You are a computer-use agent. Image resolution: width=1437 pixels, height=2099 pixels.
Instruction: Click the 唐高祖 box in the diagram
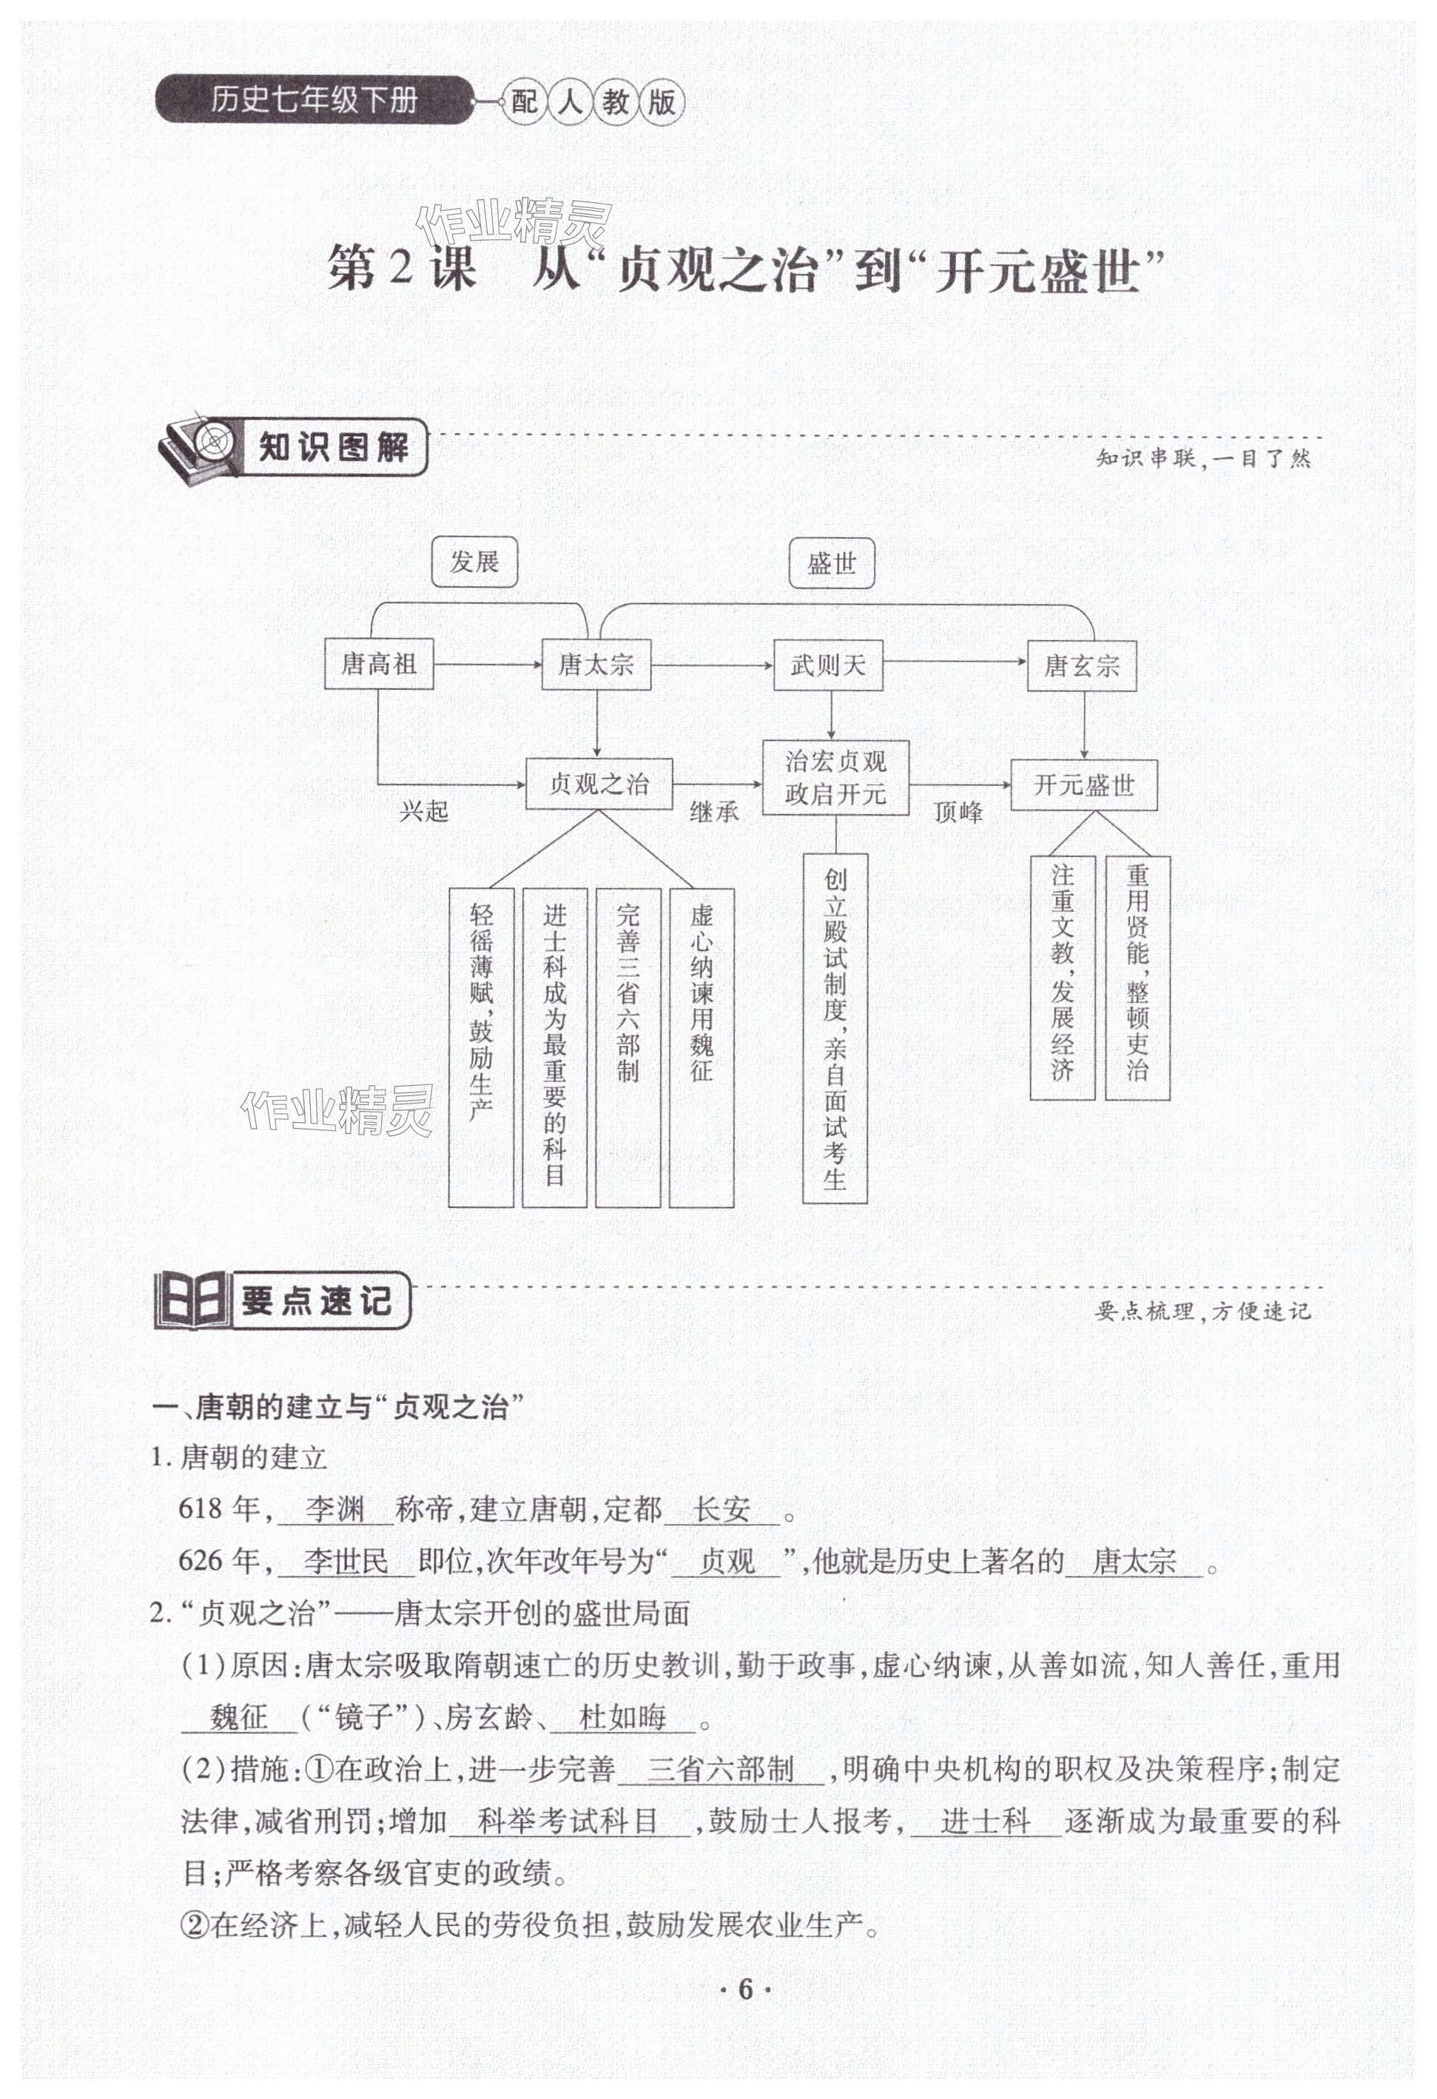378,665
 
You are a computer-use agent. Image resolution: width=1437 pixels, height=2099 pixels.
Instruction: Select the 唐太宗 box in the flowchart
596,665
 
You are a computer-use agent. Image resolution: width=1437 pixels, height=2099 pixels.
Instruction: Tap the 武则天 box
827,665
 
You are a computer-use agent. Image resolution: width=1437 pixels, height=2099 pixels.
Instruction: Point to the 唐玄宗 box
1081,667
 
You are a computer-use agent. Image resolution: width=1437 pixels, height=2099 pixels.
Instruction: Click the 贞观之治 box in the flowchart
599,784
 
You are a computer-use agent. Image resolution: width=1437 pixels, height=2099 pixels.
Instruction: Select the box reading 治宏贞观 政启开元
835,778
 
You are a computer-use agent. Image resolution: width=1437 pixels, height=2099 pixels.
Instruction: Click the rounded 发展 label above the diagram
474,562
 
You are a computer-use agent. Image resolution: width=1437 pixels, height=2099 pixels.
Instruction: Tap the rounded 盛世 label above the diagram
831,563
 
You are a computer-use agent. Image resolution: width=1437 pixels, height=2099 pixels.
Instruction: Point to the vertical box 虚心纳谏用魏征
701,1048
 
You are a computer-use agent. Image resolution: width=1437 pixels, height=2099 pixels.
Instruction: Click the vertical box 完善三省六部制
627,1048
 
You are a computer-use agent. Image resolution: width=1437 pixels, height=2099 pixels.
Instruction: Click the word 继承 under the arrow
713,812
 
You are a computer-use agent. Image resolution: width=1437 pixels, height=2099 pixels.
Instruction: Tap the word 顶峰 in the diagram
958,813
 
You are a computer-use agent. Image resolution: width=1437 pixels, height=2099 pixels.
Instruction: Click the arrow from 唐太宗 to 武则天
712,665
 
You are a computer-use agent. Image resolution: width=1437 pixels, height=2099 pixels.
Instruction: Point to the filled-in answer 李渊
334,1509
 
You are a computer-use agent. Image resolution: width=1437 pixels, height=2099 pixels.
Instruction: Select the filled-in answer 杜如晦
622,1717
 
